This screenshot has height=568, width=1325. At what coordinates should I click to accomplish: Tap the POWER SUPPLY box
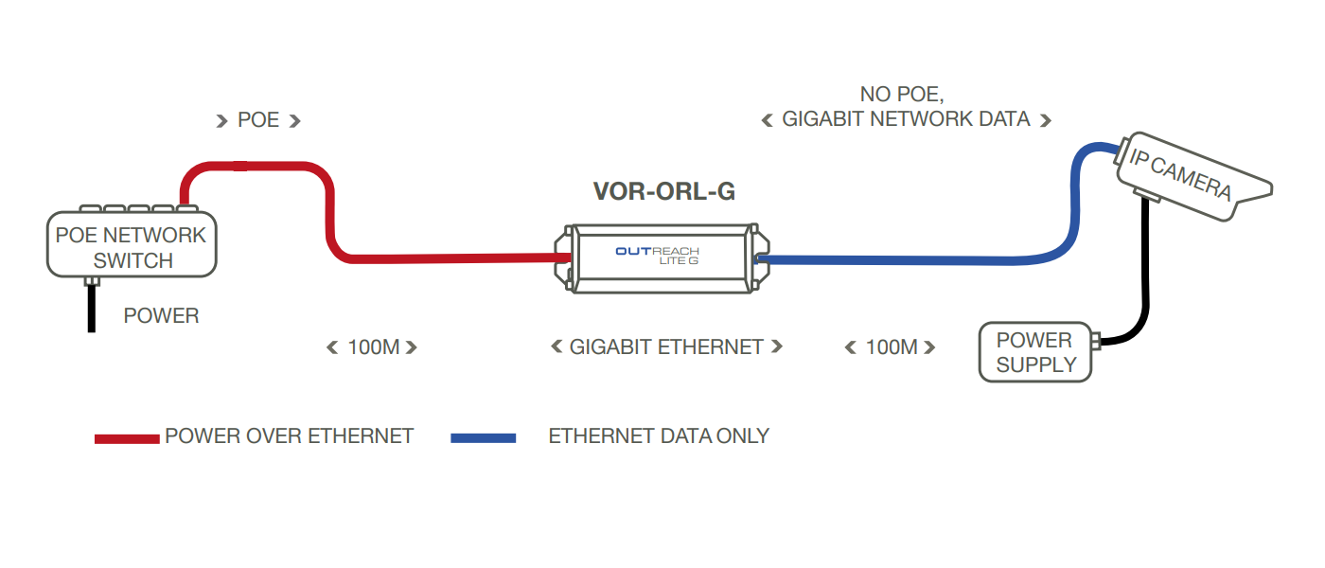pos(1035,352)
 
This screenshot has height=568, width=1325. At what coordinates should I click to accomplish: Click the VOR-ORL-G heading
pos(664,191)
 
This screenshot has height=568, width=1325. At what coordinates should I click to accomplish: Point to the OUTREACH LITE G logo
pos(657,256)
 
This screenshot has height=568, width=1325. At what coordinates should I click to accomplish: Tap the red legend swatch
pos(127,439)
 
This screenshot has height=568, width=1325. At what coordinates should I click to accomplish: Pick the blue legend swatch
pos(484,438)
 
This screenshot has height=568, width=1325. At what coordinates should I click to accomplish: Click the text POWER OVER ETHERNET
pos(290,436)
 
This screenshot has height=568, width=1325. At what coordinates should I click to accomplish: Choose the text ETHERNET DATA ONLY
pos(659,436)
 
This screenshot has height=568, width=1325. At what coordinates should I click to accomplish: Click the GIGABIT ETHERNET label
pos(666,346)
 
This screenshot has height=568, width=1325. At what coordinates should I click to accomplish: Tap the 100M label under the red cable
pos(373,347)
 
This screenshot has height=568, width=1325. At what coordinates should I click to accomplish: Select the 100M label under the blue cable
pos(892,347)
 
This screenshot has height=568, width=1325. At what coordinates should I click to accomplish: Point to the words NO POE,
pos(902,95)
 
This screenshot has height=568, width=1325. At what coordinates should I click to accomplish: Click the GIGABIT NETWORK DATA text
pos(907,119)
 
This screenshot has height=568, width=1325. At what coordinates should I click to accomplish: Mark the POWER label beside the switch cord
pos(161,315)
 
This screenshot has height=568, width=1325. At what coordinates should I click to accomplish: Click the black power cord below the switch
pos(92,309)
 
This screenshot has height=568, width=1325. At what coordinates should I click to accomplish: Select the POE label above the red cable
pos(257,120)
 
